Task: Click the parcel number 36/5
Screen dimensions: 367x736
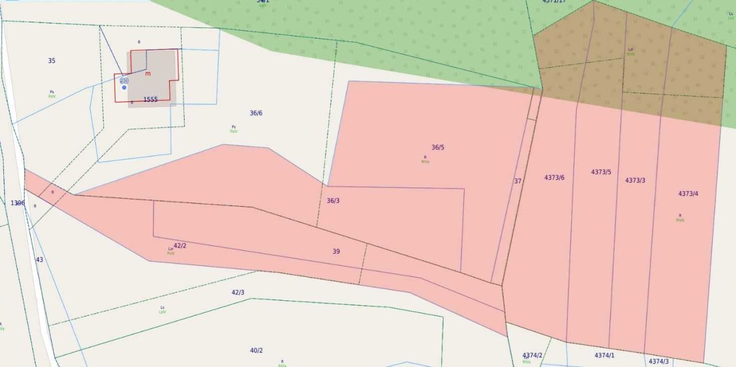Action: [x=438, y=147]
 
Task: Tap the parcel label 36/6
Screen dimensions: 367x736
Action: [x=256, y=113]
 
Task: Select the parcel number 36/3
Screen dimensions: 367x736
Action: [x=333, y=201]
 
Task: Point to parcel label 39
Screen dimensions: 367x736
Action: [x=336, y=251]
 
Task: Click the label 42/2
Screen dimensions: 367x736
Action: [x=180, y=246]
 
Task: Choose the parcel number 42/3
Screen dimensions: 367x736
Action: [x=237, y=292]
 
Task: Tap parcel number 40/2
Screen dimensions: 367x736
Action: [x=256, y=350]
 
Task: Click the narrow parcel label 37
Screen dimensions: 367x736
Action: [x=517, y=181]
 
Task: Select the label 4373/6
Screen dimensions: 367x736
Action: [x=554, y=177]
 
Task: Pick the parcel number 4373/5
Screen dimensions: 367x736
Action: [x=601, y=172]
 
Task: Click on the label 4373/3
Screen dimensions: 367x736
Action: [x=635, y=181]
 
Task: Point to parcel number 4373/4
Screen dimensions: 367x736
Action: [x=688, y=194]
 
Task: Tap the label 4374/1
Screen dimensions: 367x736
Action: [x=604, y=355]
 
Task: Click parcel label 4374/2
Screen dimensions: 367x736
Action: [x=532, y=355]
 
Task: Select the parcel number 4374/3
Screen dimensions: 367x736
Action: [x=658, y=361]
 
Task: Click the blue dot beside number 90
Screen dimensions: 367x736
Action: [x=124, y=87]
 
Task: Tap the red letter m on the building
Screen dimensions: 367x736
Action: [x=148, y=74]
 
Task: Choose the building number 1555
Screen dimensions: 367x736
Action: [x=150, y=100]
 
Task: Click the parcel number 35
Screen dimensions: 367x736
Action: [x=52, y=61]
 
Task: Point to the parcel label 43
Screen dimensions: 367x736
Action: [x=39, y=260]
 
